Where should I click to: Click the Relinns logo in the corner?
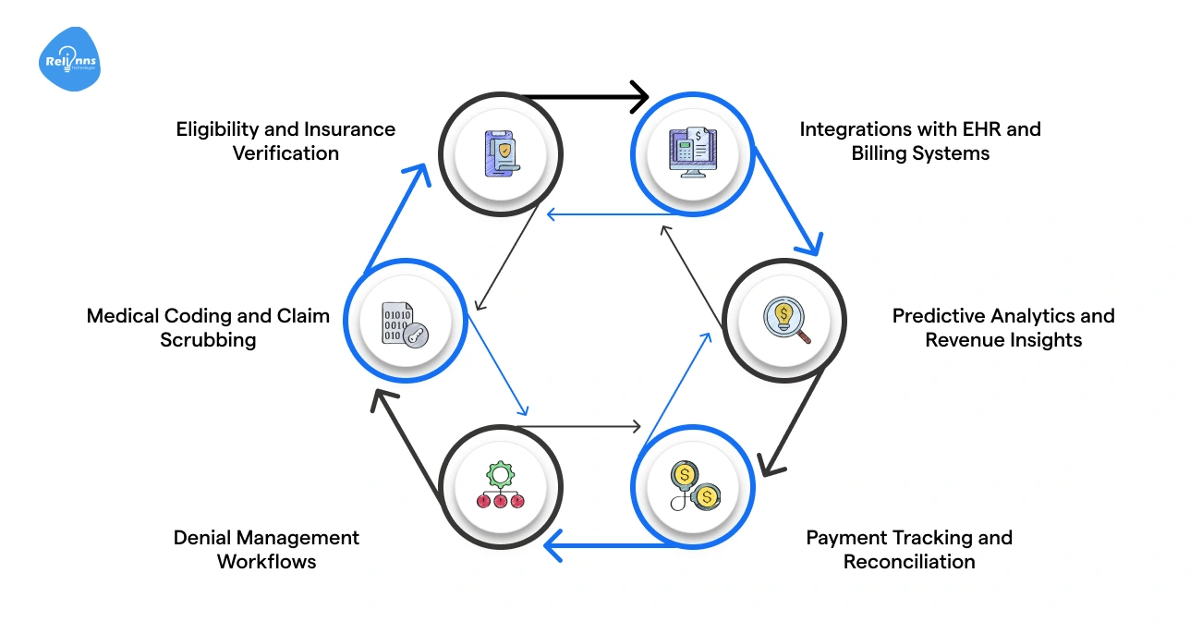point(69,60)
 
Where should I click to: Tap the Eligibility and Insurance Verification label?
point(285,141)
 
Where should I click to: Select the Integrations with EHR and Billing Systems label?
point(919,141)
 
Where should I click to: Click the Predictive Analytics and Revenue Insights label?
point(1002,328)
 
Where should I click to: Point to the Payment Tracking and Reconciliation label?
point(908,549)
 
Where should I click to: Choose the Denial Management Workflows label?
point(266,549)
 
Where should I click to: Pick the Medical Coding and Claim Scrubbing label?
point(208,328)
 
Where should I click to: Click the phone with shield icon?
point(501,152)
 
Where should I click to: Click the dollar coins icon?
point(694,487)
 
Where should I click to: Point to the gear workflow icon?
point(500,487)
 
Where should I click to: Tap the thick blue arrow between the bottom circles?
point(601,546)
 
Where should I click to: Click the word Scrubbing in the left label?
point(208,340)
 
